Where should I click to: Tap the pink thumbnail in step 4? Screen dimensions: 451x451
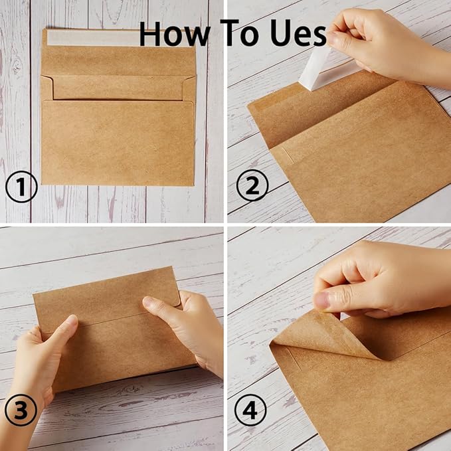(x=322, y=300)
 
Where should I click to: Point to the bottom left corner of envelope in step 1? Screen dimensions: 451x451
(x=43, y=184)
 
